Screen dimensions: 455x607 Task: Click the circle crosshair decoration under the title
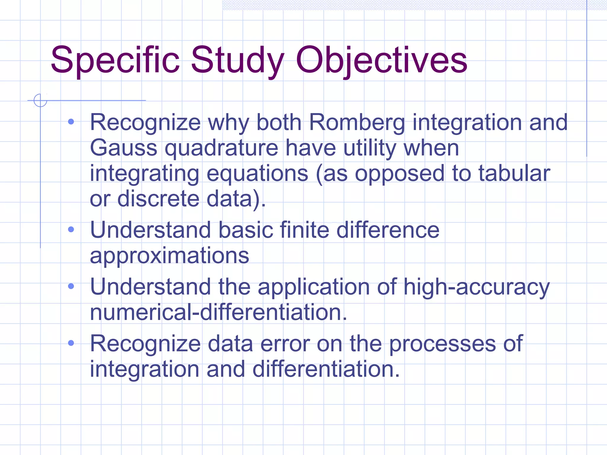40,100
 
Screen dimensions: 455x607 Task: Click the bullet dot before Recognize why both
71,121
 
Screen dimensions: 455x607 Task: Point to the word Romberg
357,123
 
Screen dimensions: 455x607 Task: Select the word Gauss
123,148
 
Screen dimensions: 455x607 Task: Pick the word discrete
158,199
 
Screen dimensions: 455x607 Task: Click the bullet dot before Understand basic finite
71,229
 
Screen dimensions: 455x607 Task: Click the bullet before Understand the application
71,286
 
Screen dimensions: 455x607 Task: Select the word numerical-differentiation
218,312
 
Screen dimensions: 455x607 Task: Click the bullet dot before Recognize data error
71,343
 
